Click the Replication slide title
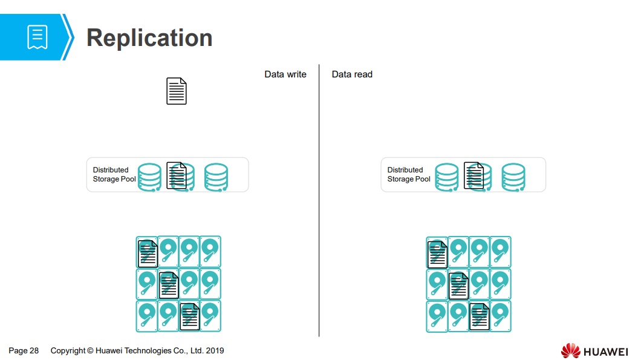coord(149,38)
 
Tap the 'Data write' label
coord(285,74)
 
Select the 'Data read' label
coord(352,74)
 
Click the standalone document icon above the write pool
coord(177,91)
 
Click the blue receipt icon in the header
coord(37,37)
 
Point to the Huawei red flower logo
coord(570,350)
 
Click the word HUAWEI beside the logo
coord(605,352)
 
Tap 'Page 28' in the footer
coord(24,351)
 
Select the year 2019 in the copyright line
coord(215,351)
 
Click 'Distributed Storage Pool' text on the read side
coord(409,175)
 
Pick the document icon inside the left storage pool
coord(176,175)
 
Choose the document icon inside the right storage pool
coord(474,175)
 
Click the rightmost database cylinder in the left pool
coord(216,177)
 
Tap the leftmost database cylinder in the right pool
coord(446,177)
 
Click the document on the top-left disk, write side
coord(148,254)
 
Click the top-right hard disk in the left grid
coord(210,251)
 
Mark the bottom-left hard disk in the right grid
coord(437,316)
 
